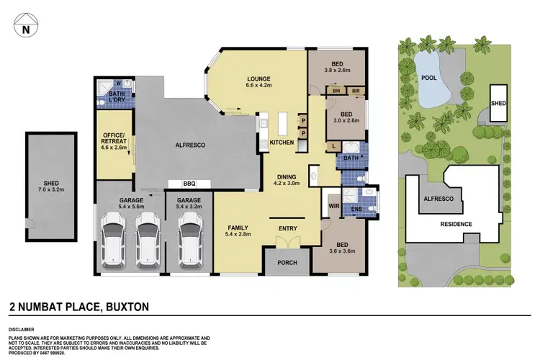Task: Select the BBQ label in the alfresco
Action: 190,183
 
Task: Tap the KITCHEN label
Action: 282,143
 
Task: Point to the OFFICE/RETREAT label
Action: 114,140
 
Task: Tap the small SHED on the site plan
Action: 498,103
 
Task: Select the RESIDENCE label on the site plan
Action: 456,224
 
